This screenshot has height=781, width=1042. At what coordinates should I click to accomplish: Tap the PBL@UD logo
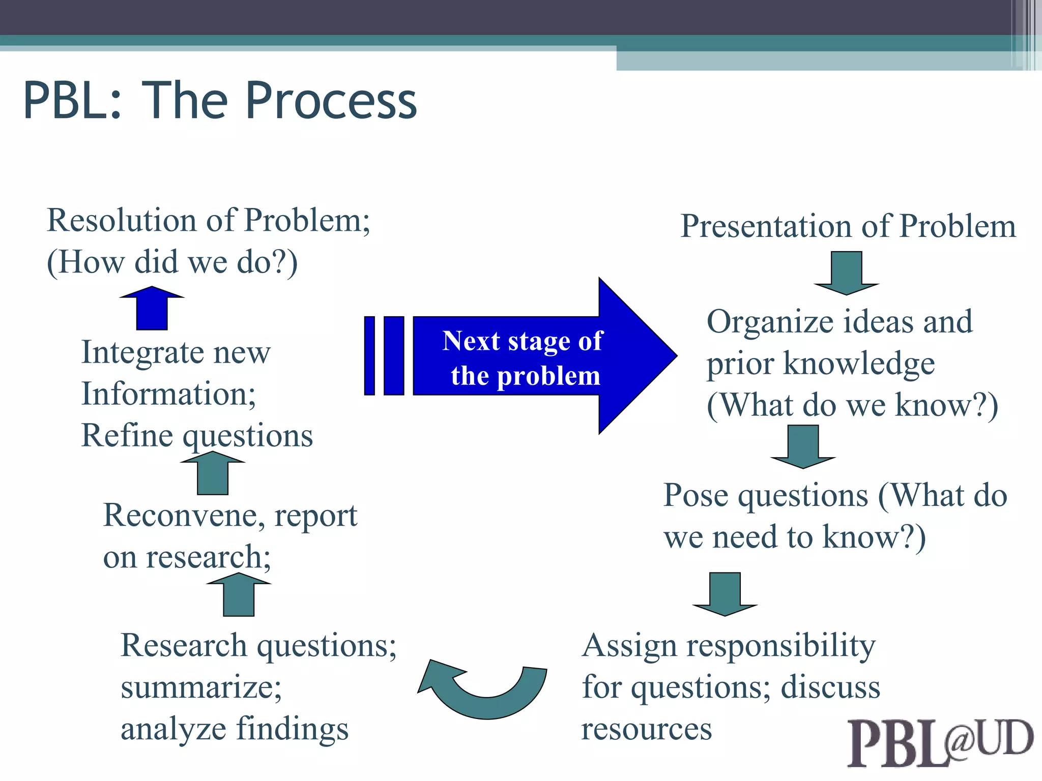tap(939, 742)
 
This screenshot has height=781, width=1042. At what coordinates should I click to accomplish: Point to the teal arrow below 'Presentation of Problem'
tap(846, 272)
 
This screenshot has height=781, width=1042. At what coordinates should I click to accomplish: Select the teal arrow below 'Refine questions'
tap(213, 473)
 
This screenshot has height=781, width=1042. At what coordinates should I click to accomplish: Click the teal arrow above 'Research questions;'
tap(239, 595)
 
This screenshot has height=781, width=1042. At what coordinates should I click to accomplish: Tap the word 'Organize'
tap(771, 322)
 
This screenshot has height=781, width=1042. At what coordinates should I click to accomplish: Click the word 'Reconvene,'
tap(184, 516)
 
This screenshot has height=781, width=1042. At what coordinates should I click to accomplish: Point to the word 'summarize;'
tap(201, 688)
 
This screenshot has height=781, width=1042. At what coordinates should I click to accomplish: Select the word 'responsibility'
tap(781, 647)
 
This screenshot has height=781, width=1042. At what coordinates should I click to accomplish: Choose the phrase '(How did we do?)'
tap(172, 263)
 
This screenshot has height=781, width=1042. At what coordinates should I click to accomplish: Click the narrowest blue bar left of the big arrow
tap(369, 355)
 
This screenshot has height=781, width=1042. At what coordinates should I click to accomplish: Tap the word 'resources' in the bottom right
tap(646, 729)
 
